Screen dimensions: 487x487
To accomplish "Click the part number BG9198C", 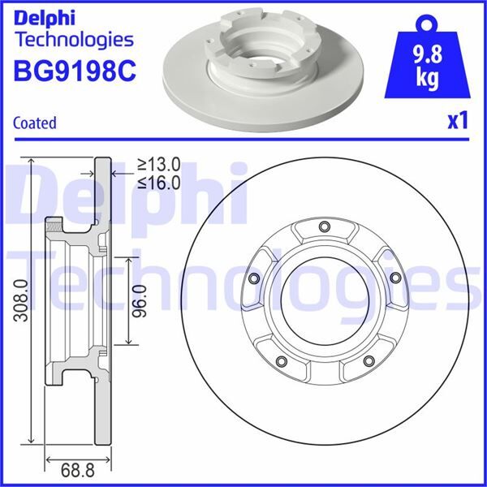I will click(x=74, y=72).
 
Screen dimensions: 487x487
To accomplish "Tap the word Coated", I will click(x=35, y=123).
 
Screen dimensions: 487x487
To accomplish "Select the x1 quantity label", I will click(x=458, y=121).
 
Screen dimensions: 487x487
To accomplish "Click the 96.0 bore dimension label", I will click(x=140, y=300).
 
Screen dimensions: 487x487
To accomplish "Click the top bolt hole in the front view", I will click(x=324, y=226).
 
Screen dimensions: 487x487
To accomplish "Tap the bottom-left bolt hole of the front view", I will click(x=281, y=361).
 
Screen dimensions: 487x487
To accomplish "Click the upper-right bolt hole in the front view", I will click(x=394, y=278).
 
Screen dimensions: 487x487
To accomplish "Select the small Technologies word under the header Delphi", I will click(x=74, y=39).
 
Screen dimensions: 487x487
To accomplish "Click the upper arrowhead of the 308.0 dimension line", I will click(x=32, y=162).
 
